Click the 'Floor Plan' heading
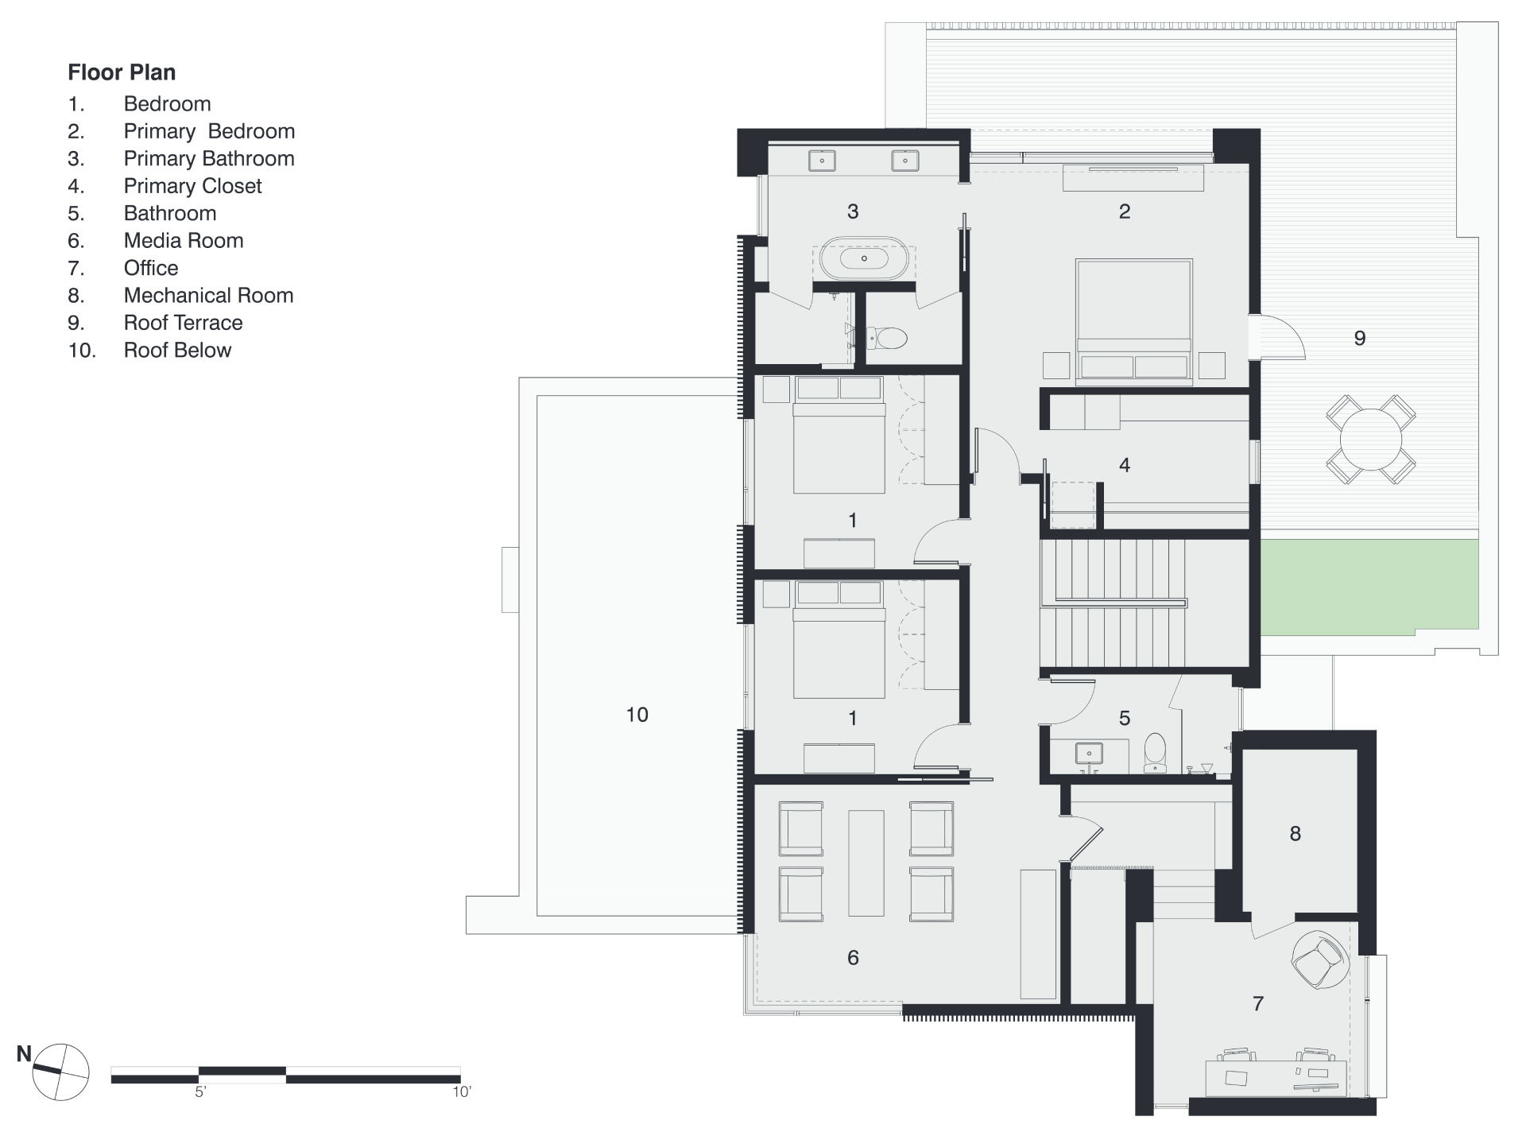tap(122, 72)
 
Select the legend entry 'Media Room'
tap(183, 241)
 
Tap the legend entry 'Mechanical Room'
tap(208, 296)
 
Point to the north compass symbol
tap(60, 1072)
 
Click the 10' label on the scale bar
tap(461, 1092)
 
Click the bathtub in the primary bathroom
tap(864, 258)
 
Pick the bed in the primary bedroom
tap(1134, 321)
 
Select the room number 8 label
tap(1296, 833)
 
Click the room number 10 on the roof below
tap(637, 715)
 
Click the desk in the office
tap(1276, 1077)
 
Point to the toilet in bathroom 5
tap(1154, 751)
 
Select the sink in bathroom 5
tap(1087, 753)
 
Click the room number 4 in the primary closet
tap(1125, 465)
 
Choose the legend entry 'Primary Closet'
tap(192, 186)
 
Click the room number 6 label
tap(853, 958)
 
